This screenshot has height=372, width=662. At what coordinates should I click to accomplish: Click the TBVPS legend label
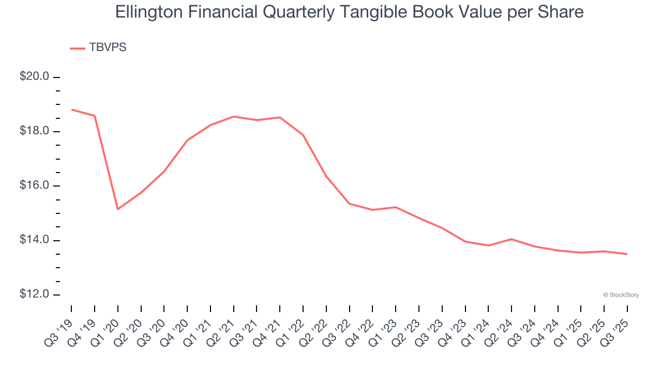(108, 48)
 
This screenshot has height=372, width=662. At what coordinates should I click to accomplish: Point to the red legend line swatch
(78, 48)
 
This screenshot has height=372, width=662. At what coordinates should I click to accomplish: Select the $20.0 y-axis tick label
(34, 77)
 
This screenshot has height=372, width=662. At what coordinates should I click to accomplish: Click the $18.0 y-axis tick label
(34, 131)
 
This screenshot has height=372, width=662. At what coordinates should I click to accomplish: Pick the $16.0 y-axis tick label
(34, 186)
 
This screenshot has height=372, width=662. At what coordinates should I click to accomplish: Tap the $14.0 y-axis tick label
(34, 240)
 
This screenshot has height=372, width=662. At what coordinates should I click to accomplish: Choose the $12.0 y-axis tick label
(34, 295)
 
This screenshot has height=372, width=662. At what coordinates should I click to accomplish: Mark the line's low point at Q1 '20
(118, 209)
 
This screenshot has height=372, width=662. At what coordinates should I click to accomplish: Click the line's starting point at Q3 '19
(71, 110)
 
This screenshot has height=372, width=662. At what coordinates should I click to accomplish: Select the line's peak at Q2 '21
(234, 116)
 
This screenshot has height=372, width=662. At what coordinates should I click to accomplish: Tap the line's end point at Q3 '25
(627, 254)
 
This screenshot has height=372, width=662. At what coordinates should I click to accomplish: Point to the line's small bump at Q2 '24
(511, 239)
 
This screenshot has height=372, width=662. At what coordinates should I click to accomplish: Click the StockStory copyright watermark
(621, 295)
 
